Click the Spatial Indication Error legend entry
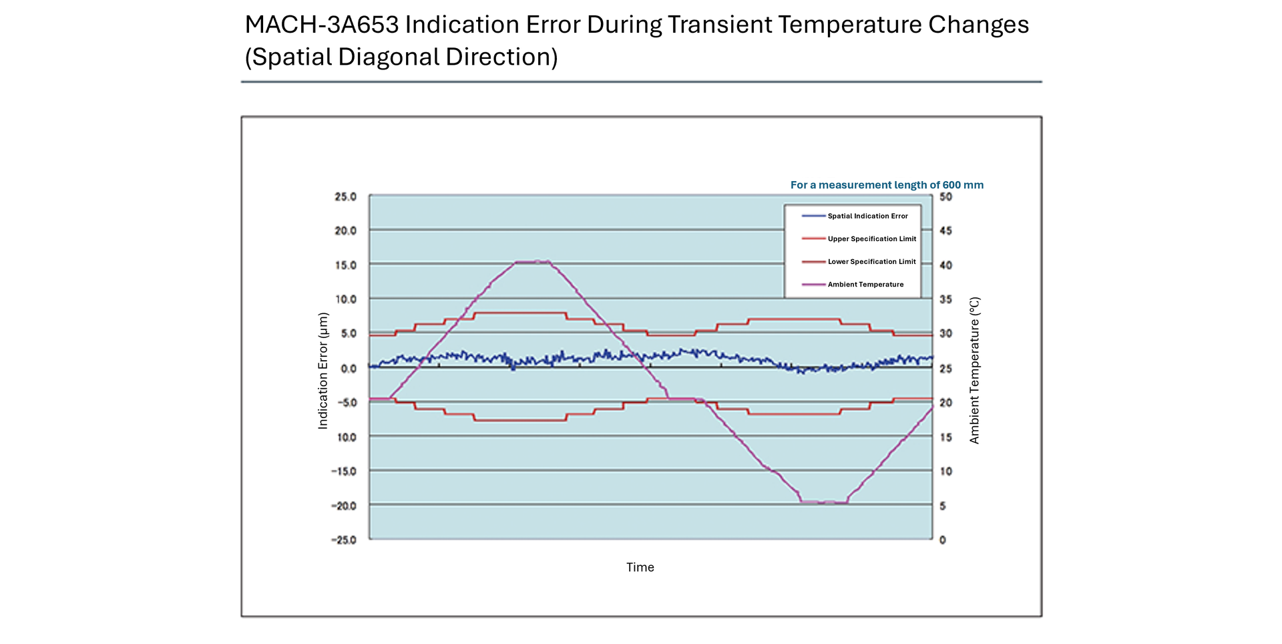(x=867, y=216)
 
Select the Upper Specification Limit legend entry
(x=871, y=238)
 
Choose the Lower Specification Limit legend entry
(x=871, y=261)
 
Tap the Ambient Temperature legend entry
(x=865, y=284)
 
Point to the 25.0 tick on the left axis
(x=345, y=196)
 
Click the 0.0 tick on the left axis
(x=349, y=368)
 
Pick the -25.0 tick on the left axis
(x=344, y=540)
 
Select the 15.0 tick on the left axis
(x=345, y=265)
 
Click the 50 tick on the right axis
(x=945, y=196)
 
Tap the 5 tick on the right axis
(x=943, y=506)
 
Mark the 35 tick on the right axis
(x=945, y=299)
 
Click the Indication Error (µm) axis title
(x=323, y=370)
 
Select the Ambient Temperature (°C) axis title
(x=974, y=370)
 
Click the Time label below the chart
(x=640, y=567)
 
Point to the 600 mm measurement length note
(x=887, y=185)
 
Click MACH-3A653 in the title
(x=322, y=25)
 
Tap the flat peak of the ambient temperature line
(x=533, y=262)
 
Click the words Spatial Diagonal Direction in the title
(x=401, y=57)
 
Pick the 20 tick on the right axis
(x=945, y=402)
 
